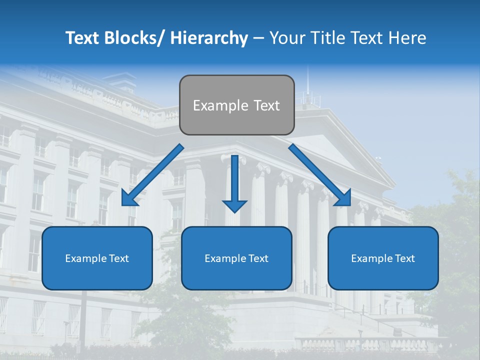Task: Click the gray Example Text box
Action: click(236, 105)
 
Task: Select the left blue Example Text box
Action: click(97, 258)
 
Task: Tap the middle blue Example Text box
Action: click(236, 258)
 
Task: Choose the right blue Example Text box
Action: click(383, 258)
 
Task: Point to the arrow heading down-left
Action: click(152, 175)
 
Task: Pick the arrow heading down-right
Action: click(320, 175)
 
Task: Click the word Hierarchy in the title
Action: click(209, 38)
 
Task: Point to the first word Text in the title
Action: click(83, 38)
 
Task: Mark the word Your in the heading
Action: click(286, 38)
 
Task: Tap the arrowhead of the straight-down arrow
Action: click(234, 205)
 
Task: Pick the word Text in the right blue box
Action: click(404, 258)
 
